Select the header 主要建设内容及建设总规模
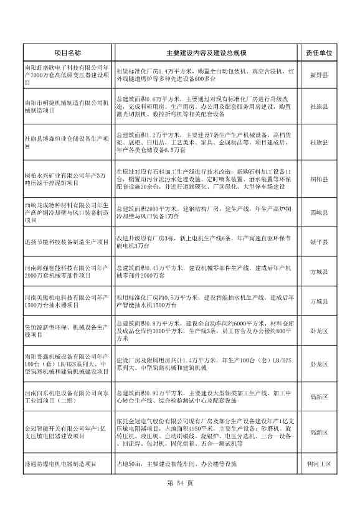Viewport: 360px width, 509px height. pyautogui.click(x=206, y=54)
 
